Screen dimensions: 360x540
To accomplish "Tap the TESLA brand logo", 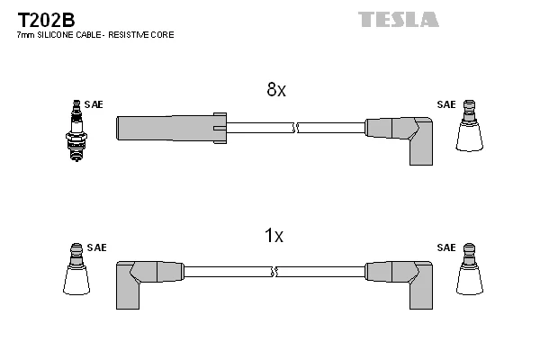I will [399, 19].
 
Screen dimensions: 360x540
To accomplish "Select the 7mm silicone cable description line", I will [94, 34].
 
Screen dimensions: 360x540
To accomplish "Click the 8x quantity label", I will [275, 90].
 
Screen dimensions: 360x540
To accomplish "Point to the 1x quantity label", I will [274, 236].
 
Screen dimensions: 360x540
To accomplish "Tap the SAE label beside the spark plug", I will [94, 104].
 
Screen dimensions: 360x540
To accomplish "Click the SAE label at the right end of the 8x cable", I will [446, 104].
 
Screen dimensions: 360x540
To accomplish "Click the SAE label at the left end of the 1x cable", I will [96, 247].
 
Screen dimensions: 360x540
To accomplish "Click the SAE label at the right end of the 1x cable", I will [446, 247].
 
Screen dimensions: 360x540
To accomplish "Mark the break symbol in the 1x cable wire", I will [274, 271].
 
